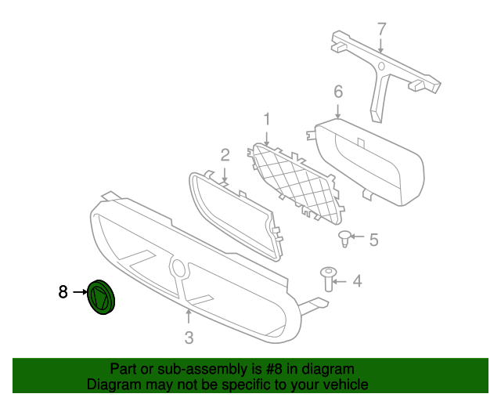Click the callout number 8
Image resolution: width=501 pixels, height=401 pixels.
click(x=63, y=292)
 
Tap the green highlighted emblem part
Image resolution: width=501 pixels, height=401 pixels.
click(x=101, y=297)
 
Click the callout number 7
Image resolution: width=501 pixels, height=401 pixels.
click(x=381, y=30)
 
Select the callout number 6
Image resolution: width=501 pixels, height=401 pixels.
click(x=338, y=92)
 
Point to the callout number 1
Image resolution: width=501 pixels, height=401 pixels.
click(x=267, y=119)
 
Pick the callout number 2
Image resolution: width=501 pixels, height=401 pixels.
click(x=225, y=155)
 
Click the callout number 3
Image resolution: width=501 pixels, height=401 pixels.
click(x=189, y=338)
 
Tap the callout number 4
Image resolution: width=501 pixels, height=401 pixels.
click(x=357, y=281)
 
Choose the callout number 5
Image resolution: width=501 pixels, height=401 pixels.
click(x=374, y=240)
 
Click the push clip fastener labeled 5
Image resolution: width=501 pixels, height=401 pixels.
click(x=344, y=239)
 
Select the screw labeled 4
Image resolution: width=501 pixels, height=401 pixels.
click(x=329, y=279)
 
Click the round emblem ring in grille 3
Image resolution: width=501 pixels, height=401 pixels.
click(x=178, y=267)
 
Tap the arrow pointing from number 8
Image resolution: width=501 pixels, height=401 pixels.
click(x=80, y=292)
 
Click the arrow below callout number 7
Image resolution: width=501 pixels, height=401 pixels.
click(x=380, y=45)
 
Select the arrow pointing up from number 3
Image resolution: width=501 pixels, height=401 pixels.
click(x=189, y=318)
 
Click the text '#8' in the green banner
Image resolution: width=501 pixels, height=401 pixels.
click(x=274, y=369)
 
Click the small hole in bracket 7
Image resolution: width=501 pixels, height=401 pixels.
click(x=381, y=67)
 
